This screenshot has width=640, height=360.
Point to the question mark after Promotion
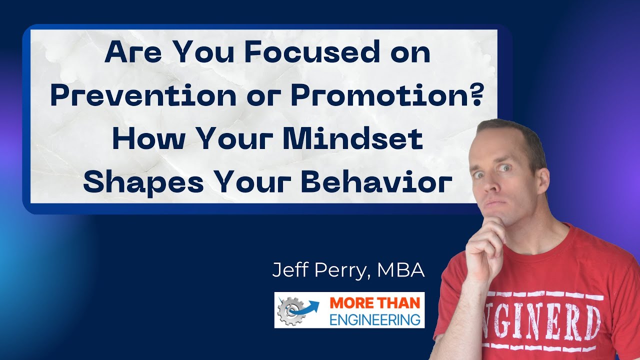(477, 96)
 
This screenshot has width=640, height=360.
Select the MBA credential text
(401, 270)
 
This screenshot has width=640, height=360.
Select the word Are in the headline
(128, 53)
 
